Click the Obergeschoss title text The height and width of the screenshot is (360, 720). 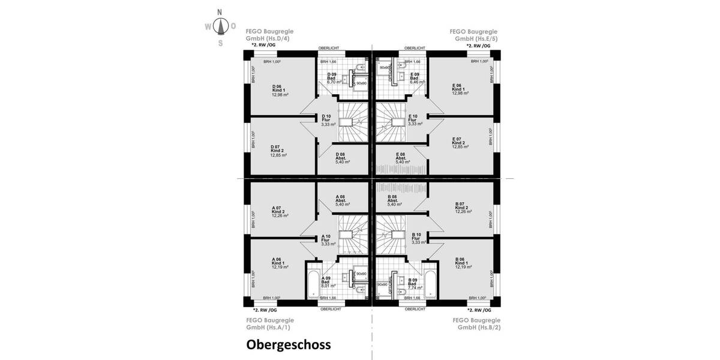[288, 345]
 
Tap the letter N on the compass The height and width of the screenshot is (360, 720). [220, 12]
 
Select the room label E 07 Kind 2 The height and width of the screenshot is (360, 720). [460, 142]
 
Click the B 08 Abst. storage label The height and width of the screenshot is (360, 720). [394, 200]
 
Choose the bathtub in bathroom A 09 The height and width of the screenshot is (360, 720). [313, 280]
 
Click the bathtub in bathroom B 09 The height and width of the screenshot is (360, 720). [430, 280]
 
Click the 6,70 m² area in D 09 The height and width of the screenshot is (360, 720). [334, 82]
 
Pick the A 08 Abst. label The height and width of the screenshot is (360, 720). [341, 200]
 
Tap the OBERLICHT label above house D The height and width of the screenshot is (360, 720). [331, 48]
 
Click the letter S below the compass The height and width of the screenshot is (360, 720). [220, 43]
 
